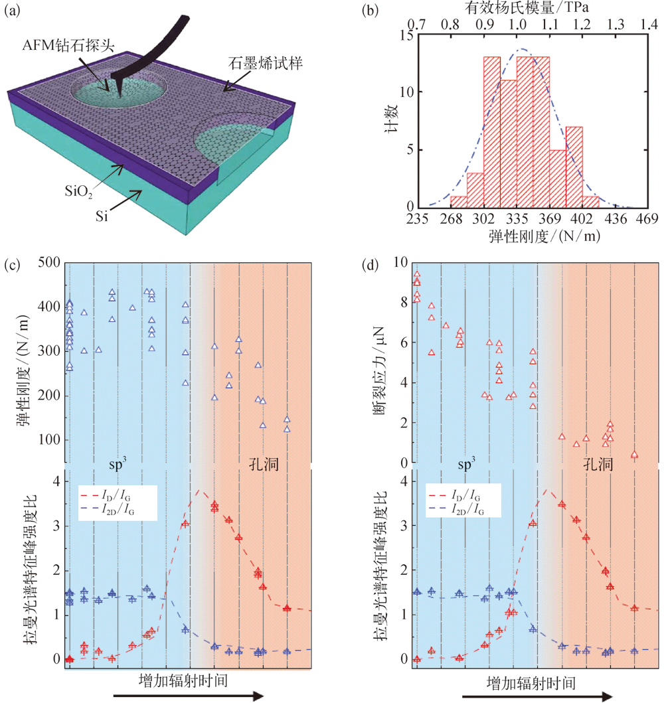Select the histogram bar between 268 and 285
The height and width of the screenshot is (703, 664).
point(459,201)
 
